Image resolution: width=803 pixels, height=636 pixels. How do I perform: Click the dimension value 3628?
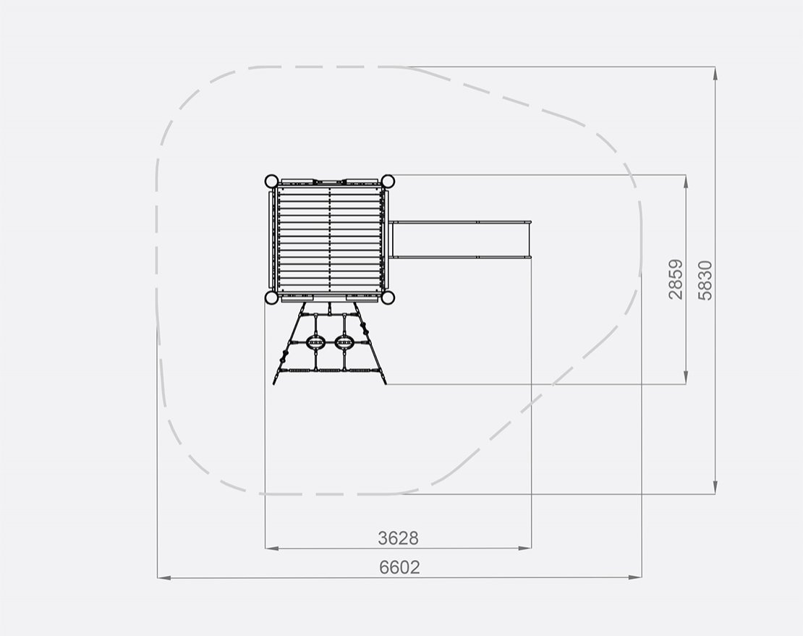point(398,538)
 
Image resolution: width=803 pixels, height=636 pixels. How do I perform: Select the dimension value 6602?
point(399,567)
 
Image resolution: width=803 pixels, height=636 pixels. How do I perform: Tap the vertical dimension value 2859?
point(676,279)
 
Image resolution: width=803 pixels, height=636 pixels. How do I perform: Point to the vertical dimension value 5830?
point(705,280)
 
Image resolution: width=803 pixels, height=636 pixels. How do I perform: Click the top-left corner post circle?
point(271,182)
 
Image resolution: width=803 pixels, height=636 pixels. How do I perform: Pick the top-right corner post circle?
point(388,182)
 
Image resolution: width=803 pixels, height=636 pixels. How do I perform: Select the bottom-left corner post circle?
point(271,297)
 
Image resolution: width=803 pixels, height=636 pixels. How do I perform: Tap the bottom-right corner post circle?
point(388,297)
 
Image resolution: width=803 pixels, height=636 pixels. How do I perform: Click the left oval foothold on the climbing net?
point(315,342)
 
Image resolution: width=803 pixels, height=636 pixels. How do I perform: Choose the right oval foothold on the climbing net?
point(344,342)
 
